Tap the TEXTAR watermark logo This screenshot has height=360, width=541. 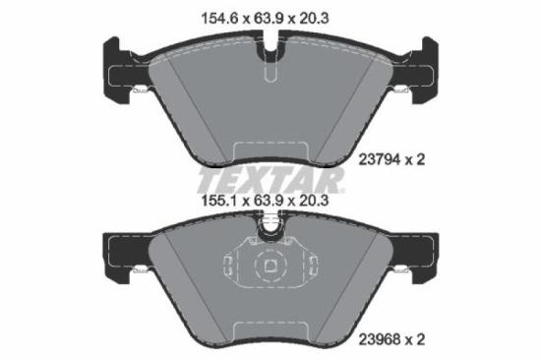click(270, 180)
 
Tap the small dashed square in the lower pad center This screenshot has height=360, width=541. click(270, 266)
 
